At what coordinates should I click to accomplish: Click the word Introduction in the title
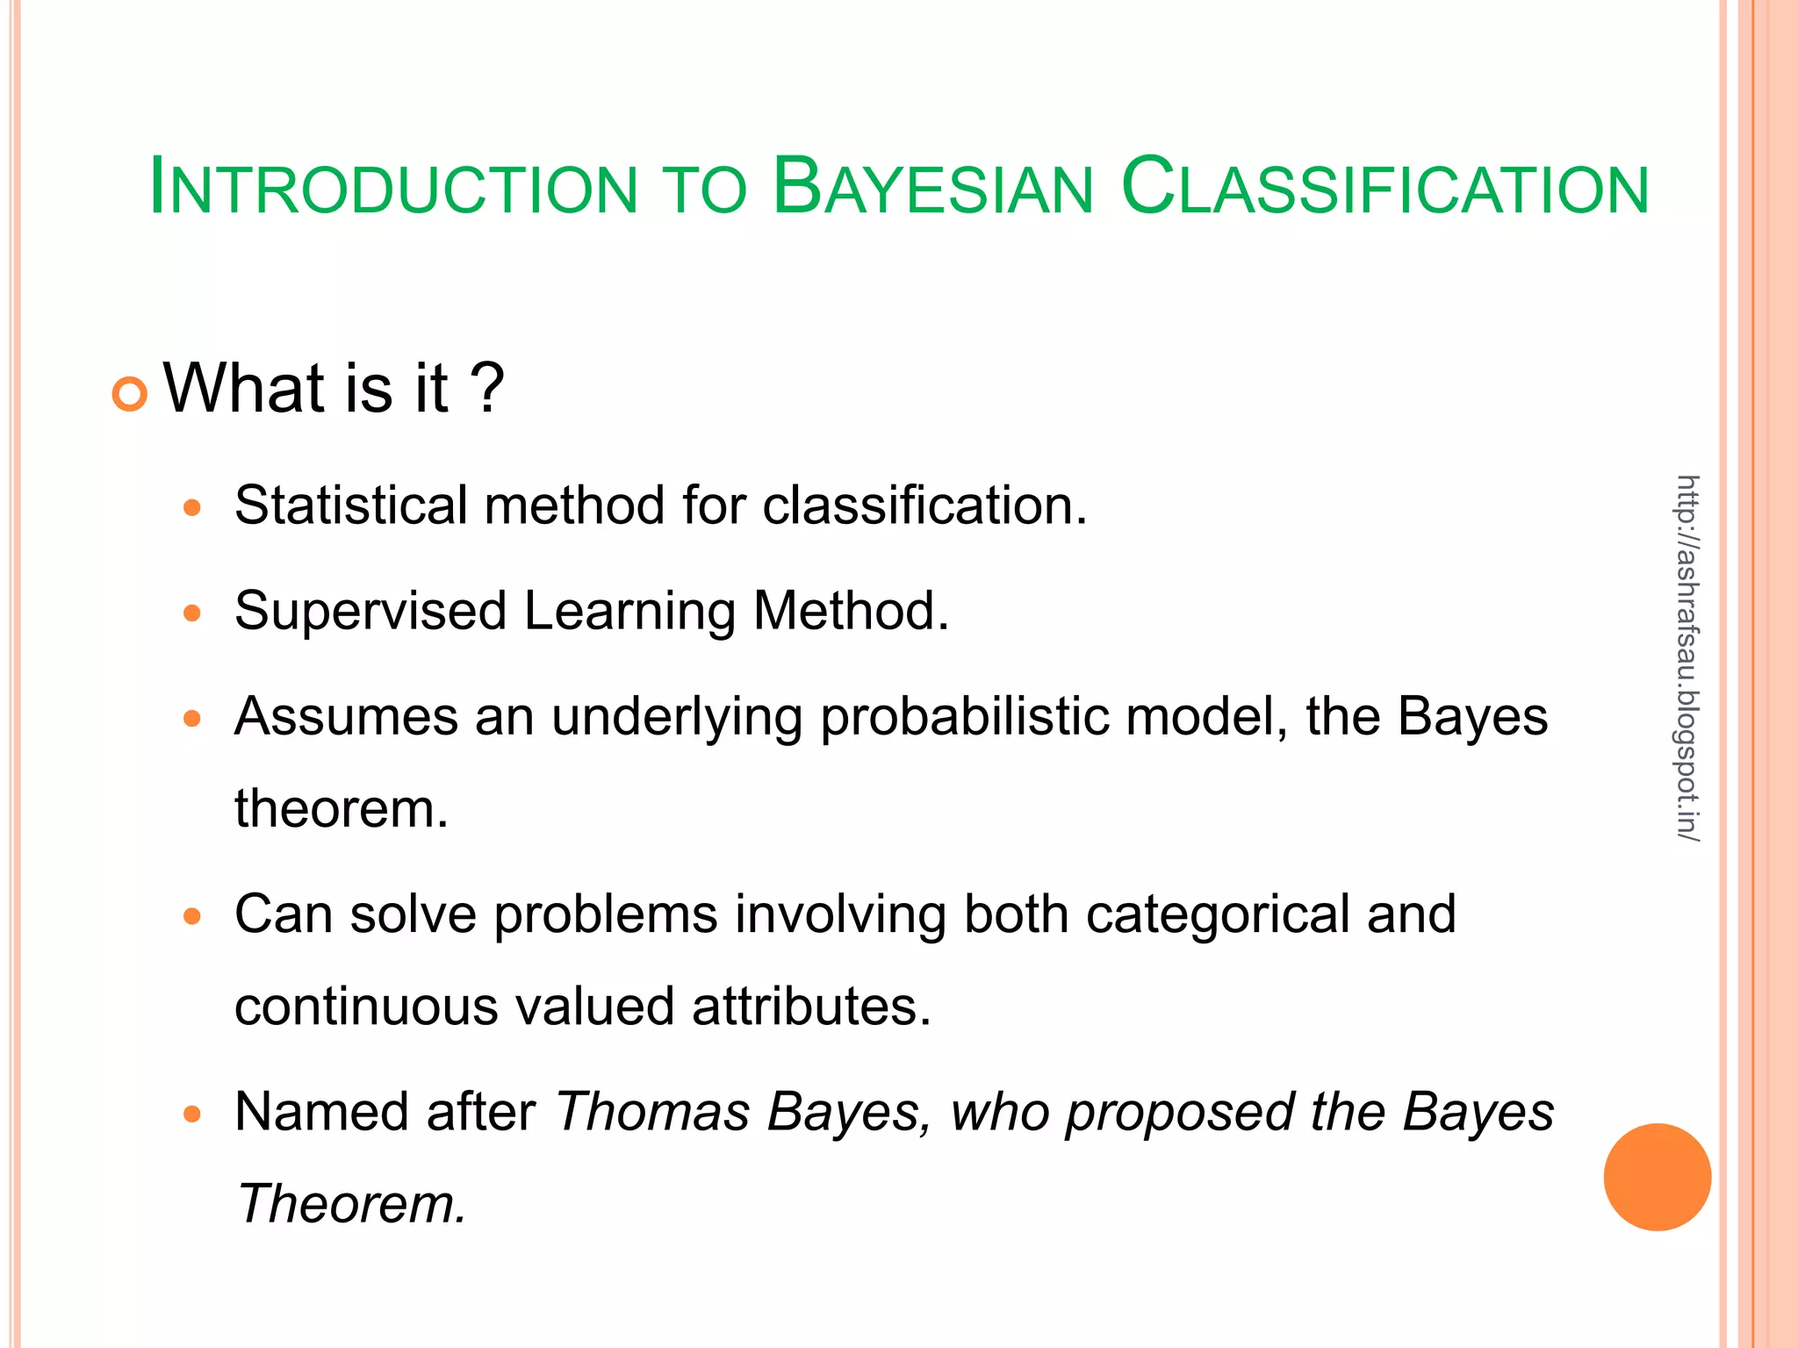(393, 188)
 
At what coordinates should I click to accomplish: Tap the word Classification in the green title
(1385, 188)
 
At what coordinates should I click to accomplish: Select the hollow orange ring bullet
(130, 394)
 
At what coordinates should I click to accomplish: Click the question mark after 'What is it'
(487, 389)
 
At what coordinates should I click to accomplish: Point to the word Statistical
(351, 505)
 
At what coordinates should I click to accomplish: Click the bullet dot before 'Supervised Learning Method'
(192, 613)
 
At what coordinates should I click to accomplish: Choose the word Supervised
(370, 612)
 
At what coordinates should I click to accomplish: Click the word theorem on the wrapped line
(341, 809)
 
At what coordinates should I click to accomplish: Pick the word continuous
(366, 1007)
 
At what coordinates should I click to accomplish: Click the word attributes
(810, 1007)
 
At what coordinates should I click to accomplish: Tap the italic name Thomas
(652, 1113)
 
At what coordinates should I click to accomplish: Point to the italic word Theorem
(351, 1204)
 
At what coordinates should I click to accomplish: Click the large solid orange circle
(1657, 1177)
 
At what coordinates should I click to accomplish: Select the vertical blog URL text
(1687, 658)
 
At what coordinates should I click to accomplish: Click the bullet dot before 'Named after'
(192, 1115)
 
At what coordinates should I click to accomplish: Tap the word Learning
(629, 612)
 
